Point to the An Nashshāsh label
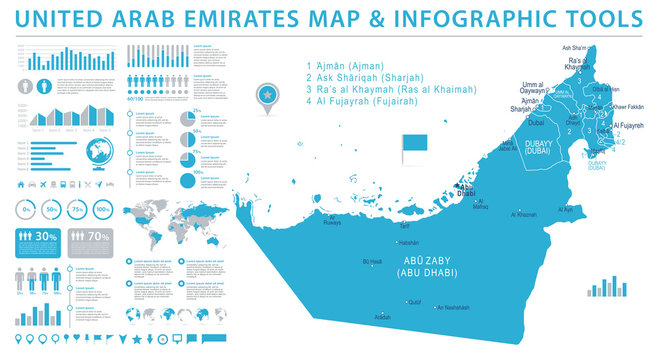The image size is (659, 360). pos(453,306)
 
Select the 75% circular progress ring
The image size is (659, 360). pos(76,210)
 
